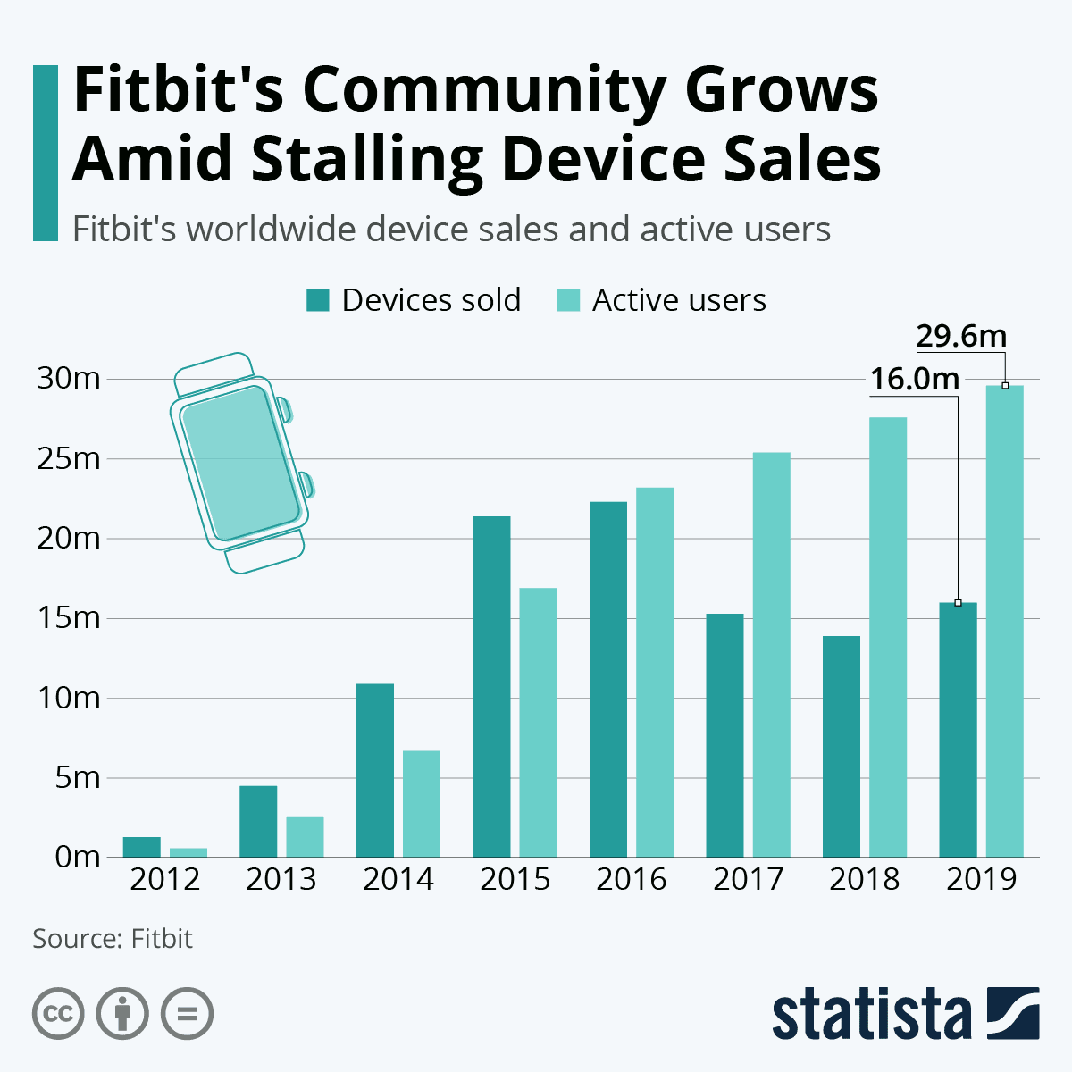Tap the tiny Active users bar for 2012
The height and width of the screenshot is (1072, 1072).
click(188, 852)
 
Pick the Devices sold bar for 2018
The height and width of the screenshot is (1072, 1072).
click(841, 746)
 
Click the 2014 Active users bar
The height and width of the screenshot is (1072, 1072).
click(422, 803)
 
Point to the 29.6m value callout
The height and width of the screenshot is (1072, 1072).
click(961, 337)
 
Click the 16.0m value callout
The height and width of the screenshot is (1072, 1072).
click(915, 380)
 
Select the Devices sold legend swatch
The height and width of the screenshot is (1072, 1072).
click(318, 300)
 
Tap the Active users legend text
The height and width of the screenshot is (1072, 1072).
click(679, 300)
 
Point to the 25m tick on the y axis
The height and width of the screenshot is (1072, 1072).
click(68, 459)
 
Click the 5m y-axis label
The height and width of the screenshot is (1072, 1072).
click(77, 777)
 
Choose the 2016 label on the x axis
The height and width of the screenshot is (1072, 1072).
click(632, 879)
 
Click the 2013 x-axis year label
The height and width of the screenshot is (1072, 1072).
click(281, 879)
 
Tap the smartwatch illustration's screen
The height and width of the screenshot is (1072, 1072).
click(239, 463)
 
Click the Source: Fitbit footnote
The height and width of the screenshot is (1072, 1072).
click(113, 939)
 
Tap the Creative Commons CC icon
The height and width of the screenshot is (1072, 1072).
click(59, 1014)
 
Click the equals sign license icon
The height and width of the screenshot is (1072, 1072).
click(188, 1014)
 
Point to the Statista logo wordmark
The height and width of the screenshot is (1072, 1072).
click(871, 1014)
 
